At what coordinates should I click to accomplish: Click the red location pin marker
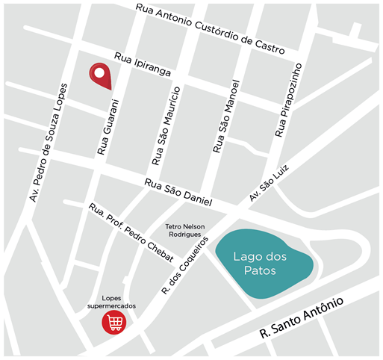100,75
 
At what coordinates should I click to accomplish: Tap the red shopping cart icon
114,322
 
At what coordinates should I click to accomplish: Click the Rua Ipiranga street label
143,65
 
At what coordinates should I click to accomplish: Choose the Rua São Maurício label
165,125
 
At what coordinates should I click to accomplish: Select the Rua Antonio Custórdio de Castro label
210,29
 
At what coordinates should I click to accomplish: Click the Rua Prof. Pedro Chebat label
131,233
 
